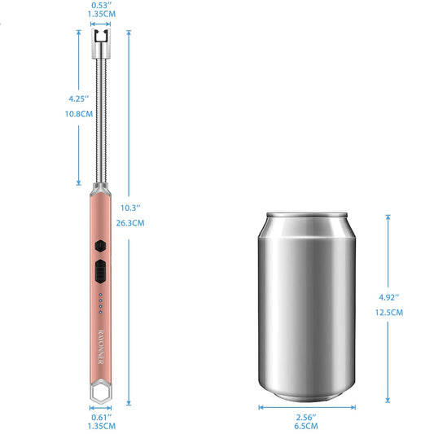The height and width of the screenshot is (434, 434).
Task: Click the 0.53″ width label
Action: click(101, 5)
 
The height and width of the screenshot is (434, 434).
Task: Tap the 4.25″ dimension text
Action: click(79, 99)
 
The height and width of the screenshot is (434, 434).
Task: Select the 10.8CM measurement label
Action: click(79, 114)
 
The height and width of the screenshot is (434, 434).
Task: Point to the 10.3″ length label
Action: click(130, 208)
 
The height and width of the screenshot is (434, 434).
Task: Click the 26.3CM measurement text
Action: click(130, 223)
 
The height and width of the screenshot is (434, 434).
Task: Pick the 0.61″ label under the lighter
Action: click(102, 417)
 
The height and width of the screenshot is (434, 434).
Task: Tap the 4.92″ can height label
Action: click(389, 297)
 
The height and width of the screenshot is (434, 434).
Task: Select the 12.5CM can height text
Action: click(389, 313)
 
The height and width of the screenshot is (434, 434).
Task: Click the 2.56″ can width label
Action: click(306, 417)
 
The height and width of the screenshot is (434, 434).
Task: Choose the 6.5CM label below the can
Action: click(306, 426)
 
